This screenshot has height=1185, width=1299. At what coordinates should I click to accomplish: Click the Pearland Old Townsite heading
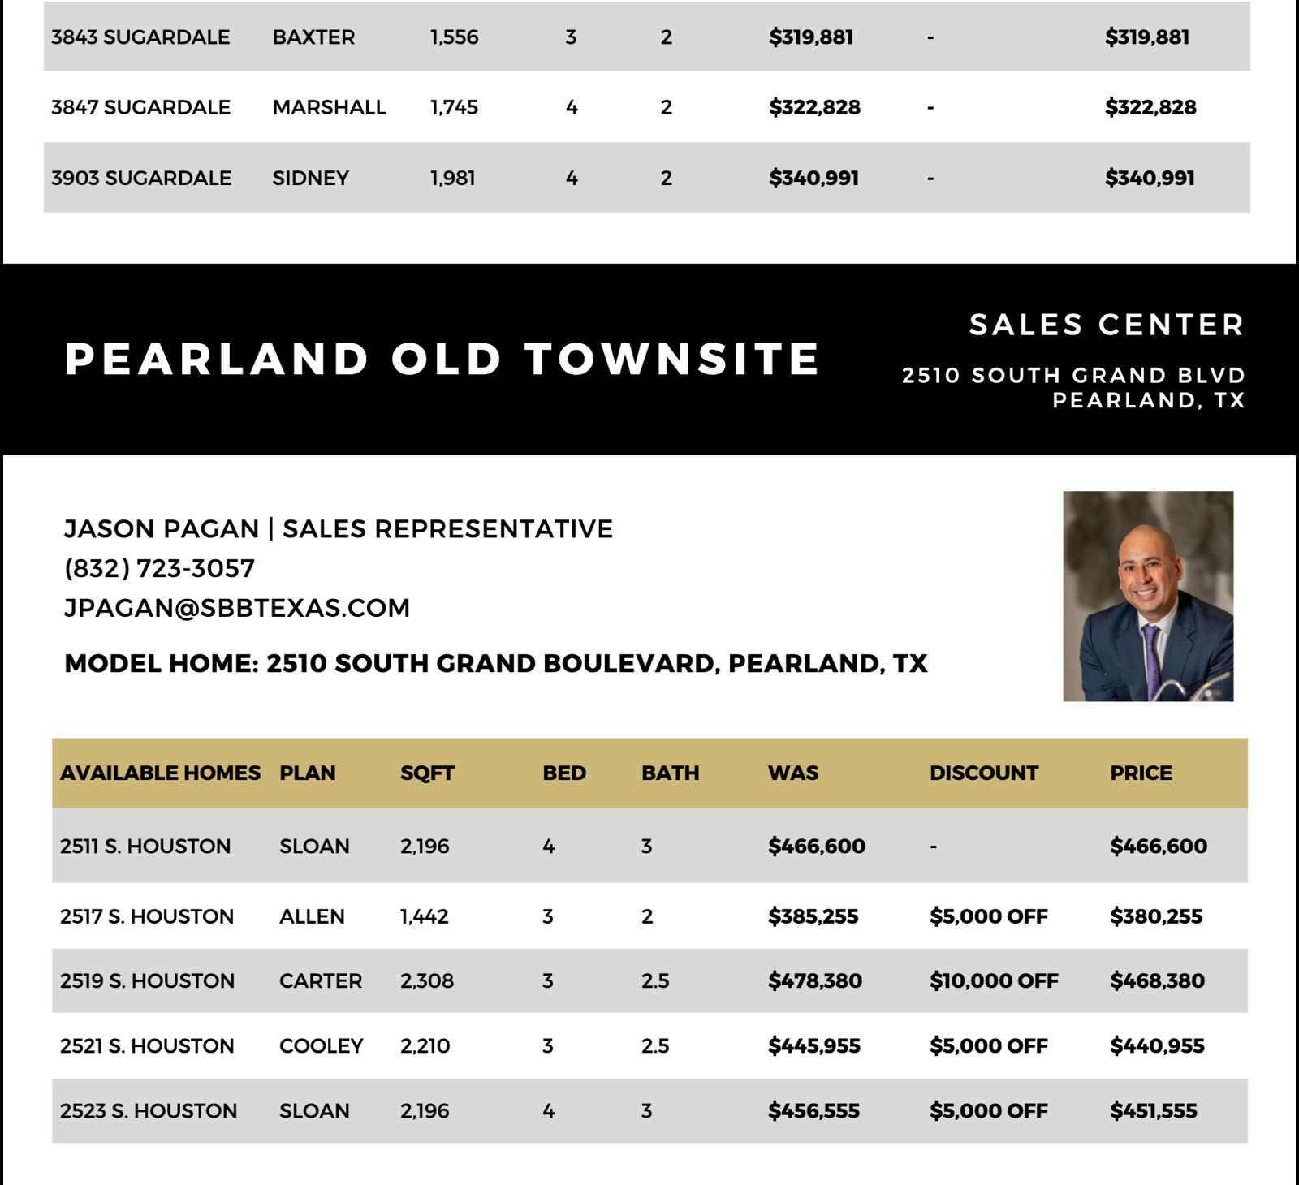(x=442, y=359)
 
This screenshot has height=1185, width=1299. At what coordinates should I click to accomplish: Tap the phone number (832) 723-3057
(x=159, y=568)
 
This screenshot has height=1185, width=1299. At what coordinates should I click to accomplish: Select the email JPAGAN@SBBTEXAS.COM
(x=237, y=608)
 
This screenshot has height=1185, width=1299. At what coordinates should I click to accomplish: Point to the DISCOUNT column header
(x=983, y=773)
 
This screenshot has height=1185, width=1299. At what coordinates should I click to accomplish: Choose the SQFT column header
(x=427, y=773)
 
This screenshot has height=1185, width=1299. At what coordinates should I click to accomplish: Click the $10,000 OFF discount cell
(x=994, y=980)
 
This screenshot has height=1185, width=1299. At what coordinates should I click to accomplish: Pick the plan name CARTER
(x=321, y=980)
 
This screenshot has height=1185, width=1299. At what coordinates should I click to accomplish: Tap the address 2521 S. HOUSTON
(x=147, y=1045)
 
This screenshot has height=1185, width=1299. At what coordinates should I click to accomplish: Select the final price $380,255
(x=1156, y=916)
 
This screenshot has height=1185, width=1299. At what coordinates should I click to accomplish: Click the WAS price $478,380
(x=815, y=980)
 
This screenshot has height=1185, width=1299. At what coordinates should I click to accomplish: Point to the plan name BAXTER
(x=313, y=37)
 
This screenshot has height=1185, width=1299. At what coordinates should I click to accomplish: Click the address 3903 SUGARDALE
(x=141, y=178)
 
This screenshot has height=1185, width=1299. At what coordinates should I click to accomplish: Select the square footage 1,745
(x=454, y=107)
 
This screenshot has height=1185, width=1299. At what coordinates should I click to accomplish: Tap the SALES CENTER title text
(x=1107, y=325)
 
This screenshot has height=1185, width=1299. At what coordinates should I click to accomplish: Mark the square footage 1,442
(x=424, y=916)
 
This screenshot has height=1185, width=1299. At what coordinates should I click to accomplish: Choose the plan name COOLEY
(x=322, y=1045)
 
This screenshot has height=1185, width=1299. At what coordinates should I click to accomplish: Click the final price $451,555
(x=1154, y=1110)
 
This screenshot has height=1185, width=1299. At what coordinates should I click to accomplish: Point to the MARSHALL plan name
(x=329, y=107)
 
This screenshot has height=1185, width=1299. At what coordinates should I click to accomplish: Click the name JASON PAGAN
(x=161, y=528)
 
